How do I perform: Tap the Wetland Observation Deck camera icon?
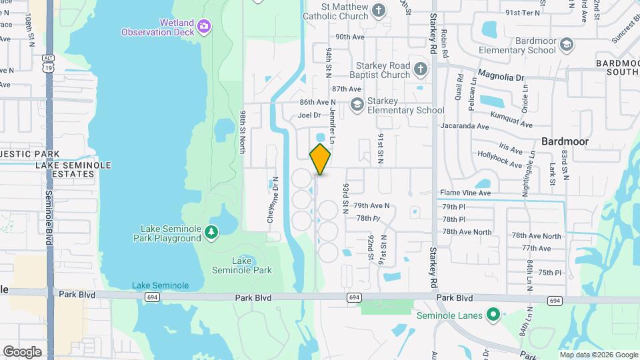(x=204, y=27)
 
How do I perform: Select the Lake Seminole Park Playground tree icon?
(x=211, y=231)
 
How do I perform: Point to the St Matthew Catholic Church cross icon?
(x=379, y=10)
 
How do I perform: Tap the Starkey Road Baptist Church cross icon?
(x=420, y=69)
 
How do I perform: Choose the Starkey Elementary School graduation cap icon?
(x=357, y=104)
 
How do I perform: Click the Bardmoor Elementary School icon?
(x=567, y=45)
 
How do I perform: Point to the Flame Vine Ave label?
(x=465, y=193)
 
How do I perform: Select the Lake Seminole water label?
(x=160, y=285)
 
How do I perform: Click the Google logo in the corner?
(x=22, y=351)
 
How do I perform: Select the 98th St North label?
(x=243, y=131)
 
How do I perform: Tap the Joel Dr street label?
(x=309, y=115)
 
